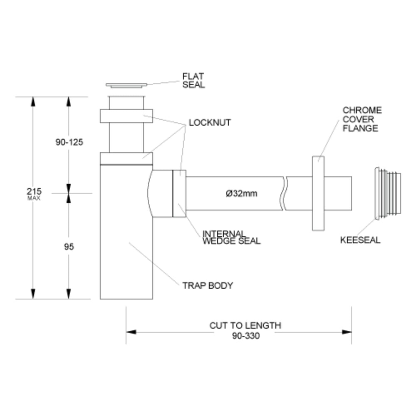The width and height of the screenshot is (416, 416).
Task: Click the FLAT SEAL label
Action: (193, 80)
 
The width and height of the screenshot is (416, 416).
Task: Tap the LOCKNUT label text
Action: (210, 123)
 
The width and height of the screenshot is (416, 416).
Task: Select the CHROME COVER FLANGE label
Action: (362, 119)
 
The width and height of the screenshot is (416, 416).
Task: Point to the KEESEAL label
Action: (360, 240)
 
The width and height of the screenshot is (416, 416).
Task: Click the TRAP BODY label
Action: (208, 285)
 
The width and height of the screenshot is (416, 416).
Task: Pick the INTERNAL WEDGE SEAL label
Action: (231, 237)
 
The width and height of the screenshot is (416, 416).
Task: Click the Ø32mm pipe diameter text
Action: (241, 193)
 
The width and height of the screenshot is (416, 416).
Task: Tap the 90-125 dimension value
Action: (69, 142)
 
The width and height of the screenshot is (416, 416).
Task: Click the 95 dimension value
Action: (69, 247)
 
